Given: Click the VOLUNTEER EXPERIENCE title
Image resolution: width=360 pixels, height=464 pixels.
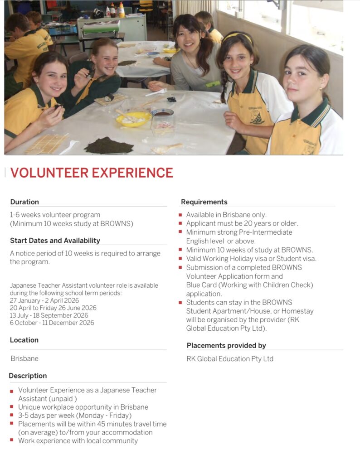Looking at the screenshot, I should pos(92,173).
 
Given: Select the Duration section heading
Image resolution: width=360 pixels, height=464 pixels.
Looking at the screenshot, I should pos(24,202).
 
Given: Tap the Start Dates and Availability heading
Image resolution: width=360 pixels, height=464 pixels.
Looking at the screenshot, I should pos(55,241).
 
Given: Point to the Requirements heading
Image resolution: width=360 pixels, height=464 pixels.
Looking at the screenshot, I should pos(204,202).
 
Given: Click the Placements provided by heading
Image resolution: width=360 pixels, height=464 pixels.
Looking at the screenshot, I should pos(226,345).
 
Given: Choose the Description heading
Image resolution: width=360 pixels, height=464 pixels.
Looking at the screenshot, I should pos(28,376).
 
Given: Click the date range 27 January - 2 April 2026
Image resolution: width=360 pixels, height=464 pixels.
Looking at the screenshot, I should pos(44,300).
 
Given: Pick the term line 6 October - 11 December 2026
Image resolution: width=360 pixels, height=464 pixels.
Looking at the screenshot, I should pos(52,323).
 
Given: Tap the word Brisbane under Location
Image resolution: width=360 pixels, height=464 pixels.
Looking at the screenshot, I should pos(24,358).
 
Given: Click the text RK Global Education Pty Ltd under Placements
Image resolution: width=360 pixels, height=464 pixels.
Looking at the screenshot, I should pos(230,359).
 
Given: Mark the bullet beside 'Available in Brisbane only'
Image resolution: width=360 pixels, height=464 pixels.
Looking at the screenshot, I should pos(180,215).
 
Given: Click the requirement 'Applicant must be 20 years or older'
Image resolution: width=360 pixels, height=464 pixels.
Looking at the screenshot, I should pos(242,223).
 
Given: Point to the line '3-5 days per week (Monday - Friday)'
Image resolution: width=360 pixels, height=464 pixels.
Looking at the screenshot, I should pos(75,415).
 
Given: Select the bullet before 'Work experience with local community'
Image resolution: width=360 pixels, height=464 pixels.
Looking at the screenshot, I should pos(12,440).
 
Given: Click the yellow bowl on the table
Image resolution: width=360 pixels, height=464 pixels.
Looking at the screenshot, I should pos(133,119).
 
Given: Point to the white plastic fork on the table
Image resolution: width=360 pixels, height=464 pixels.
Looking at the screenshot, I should pos(156,92).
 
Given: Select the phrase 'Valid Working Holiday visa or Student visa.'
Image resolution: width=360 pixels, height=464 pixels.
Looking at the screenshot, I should pos(251,259).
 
